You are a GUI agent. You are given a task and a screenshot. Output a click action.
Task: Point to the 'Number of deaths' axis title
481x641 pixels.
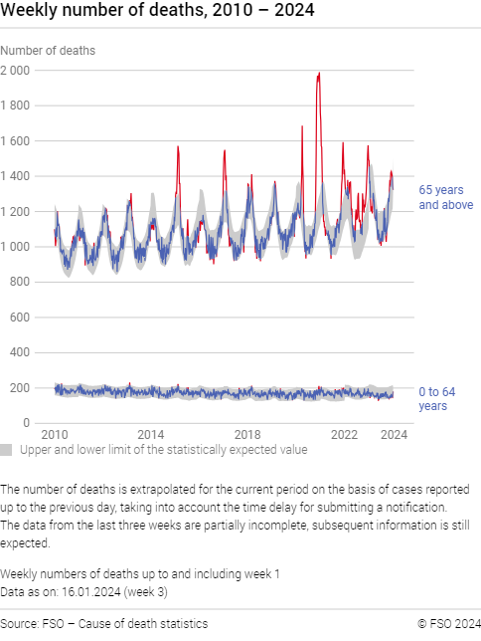[48, 50]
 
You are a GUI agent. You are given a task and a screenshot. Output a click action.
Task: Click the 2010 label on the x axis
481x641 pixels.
[55, 435]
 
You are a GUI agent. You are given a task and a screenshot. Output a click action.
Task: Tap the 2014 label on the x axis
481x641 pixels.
[151, 435]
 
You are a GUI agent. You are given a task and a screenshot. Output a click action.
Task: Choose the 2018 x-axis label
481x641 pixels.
[247, 435]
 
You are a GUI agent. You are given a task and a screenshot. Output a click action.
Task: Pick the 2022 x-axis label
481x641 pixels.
[344, 435]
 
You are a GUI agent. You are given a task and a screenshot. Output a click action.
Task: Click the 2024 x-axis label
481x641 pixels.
[394, 435]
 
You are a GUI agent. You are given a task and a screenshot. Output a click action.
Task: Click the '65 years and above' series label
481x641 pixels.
[441, 197]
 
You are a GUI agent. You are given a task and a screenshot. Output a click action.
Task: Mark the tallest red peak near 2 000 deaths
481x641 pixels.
[318, 74]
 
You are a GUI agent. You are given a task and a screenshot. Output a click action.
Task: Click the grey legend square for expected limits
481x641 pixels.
[6, 450]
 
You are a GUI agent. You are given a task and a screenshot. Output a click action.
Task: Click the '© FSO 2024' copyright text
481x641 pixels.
[449, 623]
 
